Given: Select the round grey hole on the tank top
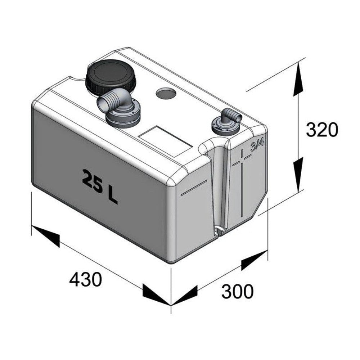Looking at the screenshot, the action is click(x=166, y=93).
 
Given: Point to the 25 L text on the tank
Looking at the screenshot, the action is click(x=100, y=186).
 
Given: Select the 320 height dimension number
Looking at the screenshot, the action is click(x=322, y=130).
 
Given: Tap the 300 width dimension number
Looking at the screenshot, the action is click(x=238, y=291).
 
